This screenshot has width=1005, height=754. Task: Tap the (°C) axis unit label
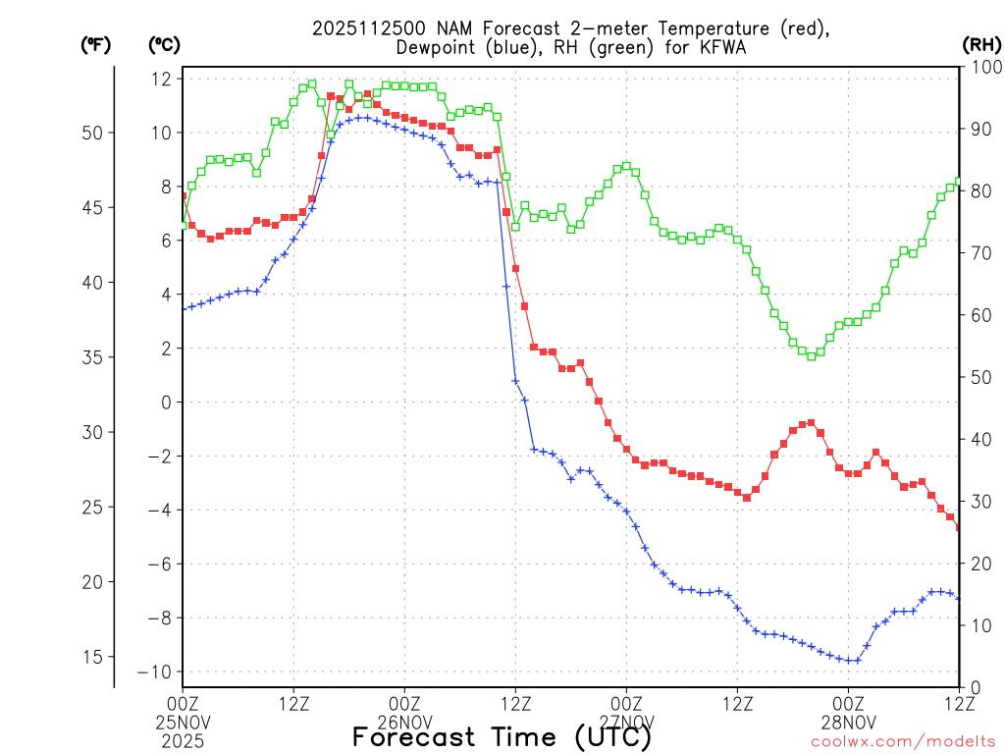[x=163, y=44]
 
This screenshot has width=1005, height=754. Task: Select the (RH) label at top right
[x=980, y=44]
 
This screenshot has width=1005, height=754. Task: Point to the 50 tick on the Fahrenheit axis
[x=96, y=133]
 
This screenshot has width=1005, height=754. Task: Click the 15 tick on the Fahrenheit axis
[x=96, y=657]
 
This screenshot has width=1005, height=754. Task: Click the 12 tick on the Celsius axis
[x=162, y=79]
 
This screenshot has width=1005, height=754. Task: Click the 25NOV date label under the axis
[x=184, y=723]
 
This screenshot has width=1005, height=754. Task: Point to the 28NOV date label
[x=849, y=723]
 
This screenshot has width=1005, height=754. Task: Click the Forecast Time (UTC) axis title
[x=502, y=736]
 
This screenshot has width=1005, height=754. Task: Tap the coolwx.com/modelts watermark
[x=902, y=741]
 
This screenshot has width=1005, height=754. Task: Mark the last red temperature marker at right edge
[x=959, y=527]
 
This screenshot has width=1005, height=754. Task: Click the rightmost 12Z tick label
[x=959, y=703]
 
